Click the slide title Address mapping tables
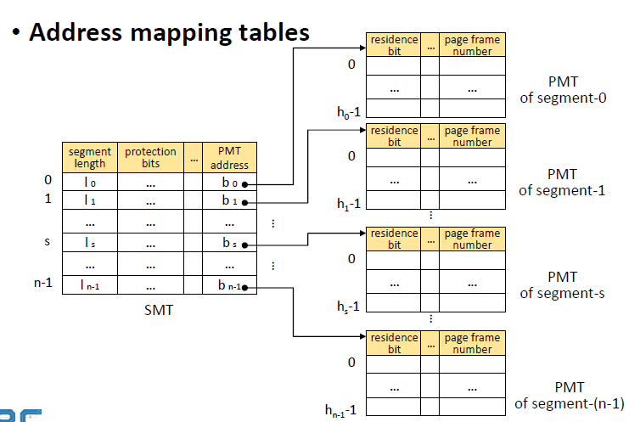tap(169, 33)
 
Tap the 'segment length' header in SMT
tap(90, 158)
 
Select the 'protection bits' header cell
tap(150, 158)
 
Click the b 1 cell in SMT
tap(228, 201)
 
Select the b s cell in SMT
tap(228, 244)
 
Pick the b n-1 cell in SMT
tap(228, 286)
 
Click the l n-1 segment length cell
tap(90, 286)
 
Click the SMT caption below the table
tap(159, 311)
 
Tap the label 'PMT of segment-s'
tap(562, 285)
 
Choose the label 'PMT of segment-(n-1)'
tap(569, 395)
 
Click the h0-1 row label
tap(346, 111)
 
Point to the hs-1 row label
tap(346, 306)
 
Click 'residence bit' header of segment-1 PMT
tap(394, 136)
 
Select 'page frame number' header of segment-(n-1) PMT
tap(472, 343)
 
